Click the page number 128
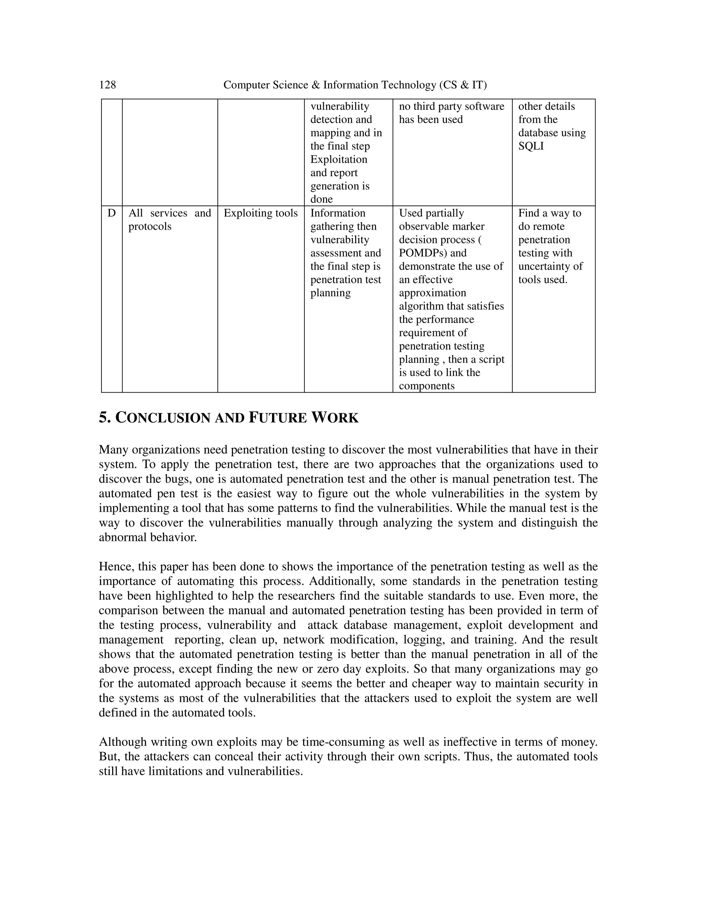pyautogui.click(x=107, y=85)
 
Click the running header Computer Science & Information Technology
pyautogui.click(x=355, y=85)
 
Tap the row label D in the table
pyautogui.click(x=112, y=213)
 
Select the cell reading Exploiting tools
pyautogui.click(x=261, y=213)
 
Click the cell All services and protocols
pyautogui.click(x=170, y=220)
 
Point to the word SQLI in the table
pyautogui.click(x=531, y=146)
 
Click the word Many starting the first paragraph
pyautogui.click(x=114, y=450)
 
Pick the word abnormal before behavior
pyautogui.click(x=122, y=537)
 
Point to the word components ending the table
pyautogui.click(x=426, y=386)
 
